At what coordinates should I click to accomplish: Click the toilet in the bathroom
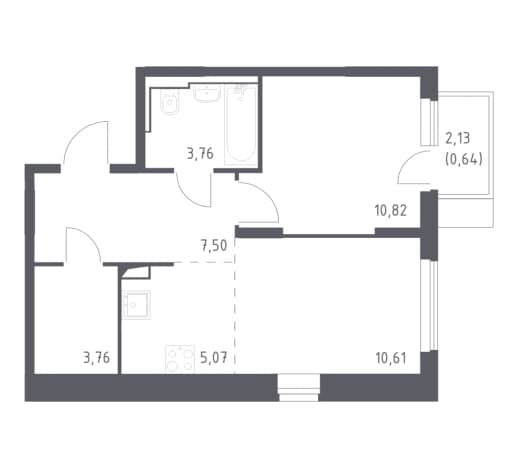[x=170, y=102]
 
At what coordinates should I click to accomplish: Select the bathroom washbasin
[x=207, y=93]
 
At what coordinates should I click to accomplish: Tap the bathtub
[x=241, y=125]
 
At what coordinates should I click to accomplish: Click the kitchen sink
[x=136, y=305]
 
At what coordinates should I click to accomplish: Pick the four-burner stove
[x=180, y=359]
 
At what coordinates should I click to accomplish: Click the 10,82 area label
[x=391, y=211]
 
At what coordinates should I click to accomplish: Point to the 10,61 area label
[x=391, y=359]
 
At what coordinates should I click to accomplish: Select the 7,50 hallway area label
[x=214, y=246]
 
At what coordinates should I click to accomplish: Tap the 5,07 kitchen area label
[x=214, y=358]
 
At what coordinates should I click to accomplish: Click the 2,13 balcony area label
[x=458, y=138]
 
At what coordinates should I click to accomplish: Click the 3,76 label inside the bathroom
[x=200, y=154]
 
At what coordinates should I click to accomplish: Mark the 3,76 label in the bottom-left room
[x=97, y=358]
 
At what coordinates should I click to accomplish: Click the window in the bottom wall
[x=299, y=388]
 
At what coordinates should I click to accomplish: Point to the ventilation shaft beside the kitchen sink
[x=136, y=272]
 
